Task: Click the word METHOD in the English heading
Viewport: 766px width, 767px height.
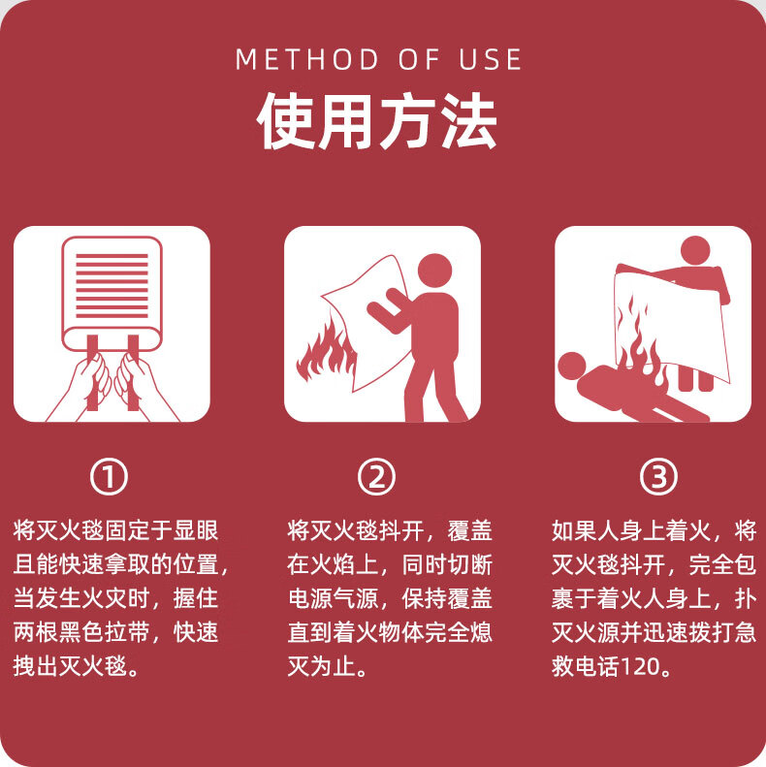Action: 307,59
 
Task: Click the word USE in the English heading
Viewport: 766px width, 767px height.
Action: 490,59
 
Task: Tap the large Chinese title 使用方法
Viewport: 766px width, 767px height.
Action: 377,121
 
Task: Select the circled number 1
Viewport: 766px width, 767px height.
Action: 109,476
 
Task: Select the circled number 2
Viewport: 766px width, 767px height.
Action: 376,476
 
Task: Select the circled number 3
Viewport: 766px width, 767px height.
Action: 658,476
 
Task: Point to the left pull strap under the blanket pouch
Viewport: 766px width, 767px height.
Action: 92,371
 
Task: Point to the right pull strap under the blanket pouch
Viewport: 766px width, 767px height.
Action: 133,371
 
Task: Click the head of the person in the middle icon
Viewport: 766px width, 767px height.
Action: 434,271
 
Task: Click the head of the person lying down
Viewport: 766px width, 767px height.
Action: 572,366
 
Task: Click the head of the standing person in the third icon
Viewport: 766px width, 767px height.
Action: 695,251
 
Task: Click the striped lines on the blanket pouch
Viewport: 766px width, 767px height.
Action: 112,286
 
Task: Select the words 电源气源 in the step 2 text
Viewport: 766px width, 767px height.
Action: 334,598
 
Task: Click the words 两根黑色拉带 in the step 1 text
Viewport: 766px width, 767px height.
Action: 81,632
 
